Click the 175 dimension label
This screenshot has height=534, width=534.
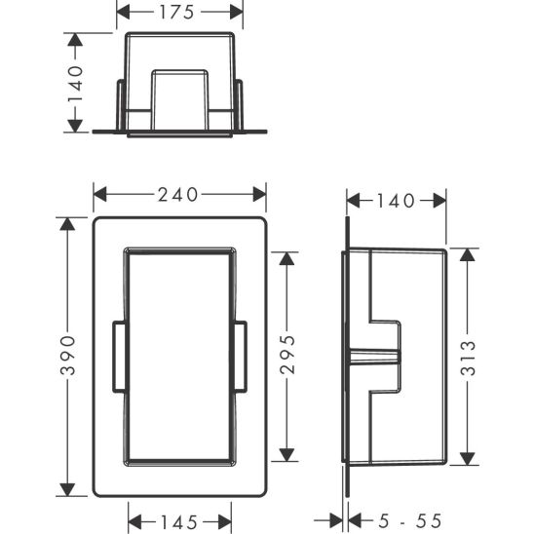click(x=176, y=13)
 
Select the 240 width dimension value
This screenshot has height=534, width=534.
click(x=177, y=195)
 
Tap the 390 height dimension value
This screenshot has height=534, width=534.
click(x=68, y=356)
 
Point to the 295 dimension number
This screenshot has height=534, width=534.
click(x=287, y=355)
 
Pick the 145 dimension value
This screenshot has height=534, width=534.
click(x=179, y=522)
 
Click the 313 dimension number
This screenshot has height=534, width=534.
click(x=468, y=358)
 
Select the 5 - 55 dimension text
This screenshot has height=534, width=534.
click(x=410, y=521)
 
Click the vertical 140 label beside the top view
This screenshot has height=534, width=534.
click(x=75, y=84)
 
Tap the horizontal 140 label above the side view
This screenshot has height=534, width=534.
click(x=396, y=201)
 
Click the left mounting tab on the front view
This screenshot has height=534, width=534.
click(x=120, y=357)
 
